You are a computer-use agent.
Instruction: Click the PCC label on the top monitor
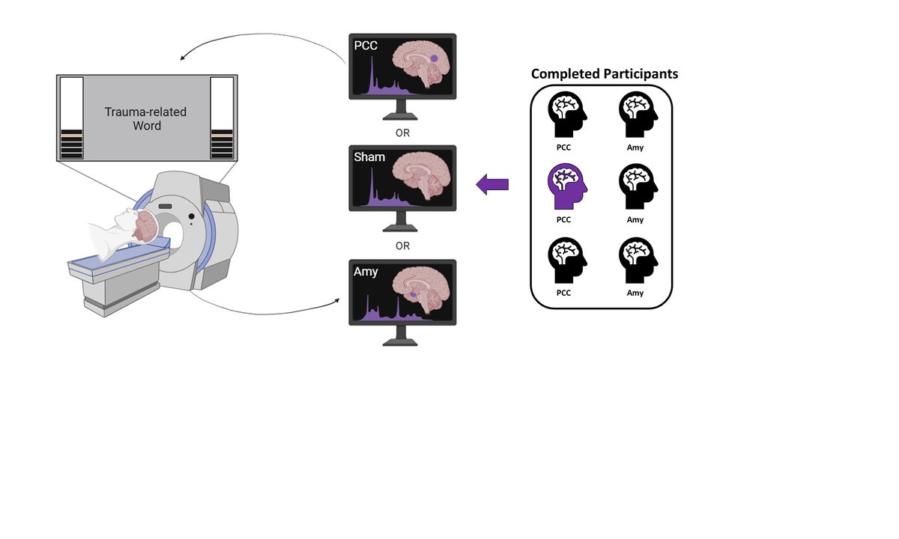366,46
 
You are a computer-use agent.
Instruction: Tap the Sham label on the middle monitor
369,156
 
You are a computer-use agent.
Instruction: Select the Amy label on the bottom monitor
366,272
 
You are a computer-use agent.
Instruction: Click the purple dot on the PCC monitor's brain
434,58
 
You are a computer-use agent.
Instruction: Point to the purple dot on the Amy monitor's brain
413,295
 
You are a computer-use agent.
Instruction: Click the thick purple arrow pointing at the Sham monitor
492,184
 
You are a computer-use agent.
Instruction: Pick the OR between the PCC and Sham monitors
402,133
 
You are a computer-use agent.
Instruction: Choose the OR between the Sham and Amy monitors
402,246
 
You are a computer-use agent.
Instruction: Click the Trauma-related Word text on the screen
145,119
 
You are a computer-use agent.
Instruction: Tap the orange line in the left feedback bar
71,135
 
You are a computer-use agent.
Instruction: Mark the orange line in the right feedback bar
222,135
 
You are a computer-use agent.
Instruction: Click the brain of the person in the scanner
145,227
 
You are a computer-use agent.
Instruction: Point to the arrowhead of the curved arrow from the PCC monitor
182,58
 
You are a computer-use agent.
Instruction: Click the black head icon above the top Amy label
638,115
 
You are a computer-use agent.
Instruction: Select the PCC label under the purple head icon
563,220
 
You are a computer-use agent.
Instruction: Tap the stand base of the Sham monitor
400,228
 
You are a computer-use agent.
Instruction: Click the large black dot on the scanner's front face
192,216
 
